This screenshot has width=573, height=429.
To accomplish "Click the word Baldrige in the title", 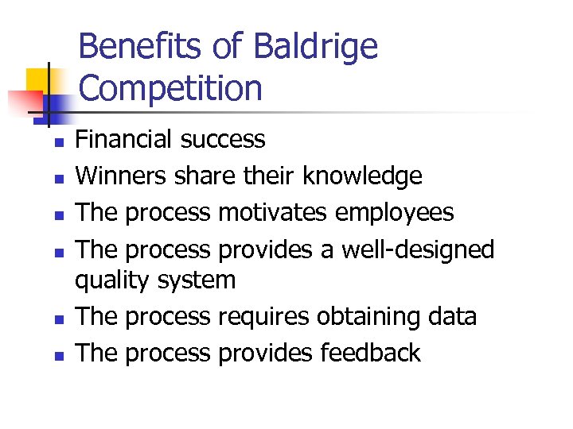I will click(315, 48).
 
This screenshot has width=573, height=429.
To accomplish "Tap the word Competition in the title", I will click(170, 87).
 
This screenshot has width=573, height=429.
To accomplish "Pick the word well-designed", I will click(418, 249).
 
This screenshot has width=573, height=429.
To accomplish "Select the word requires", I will click(263, 316).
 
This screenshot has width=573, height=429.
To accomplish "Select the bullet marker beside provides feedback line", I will click(57, 356).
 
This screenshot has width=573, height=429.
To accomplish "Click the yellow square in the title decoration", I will click(38, 80).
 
